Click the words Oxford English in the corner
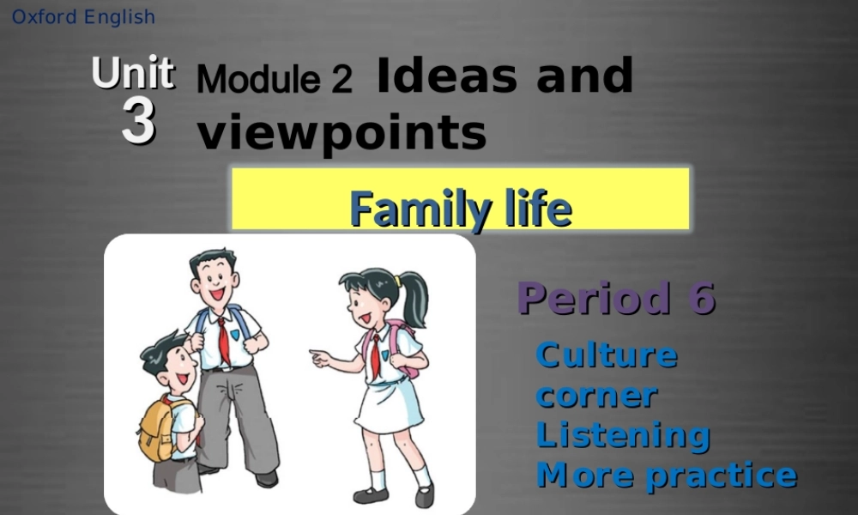click(x=83, y=16)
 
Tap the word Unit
click(x=133, y=74)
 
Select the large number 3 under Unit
click(x=138, y=122)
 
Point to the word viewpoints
click(x=341, y=133)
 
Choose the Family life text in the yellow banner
click(x=460, y=209)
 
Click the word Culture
click(x=606, y=354)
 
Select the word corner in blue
click(x=596, y=395)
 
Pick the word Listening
click(x=622, y=434)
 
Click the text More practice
click(x=666, y=474)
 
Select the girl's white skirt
click(x=389, y=404)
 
